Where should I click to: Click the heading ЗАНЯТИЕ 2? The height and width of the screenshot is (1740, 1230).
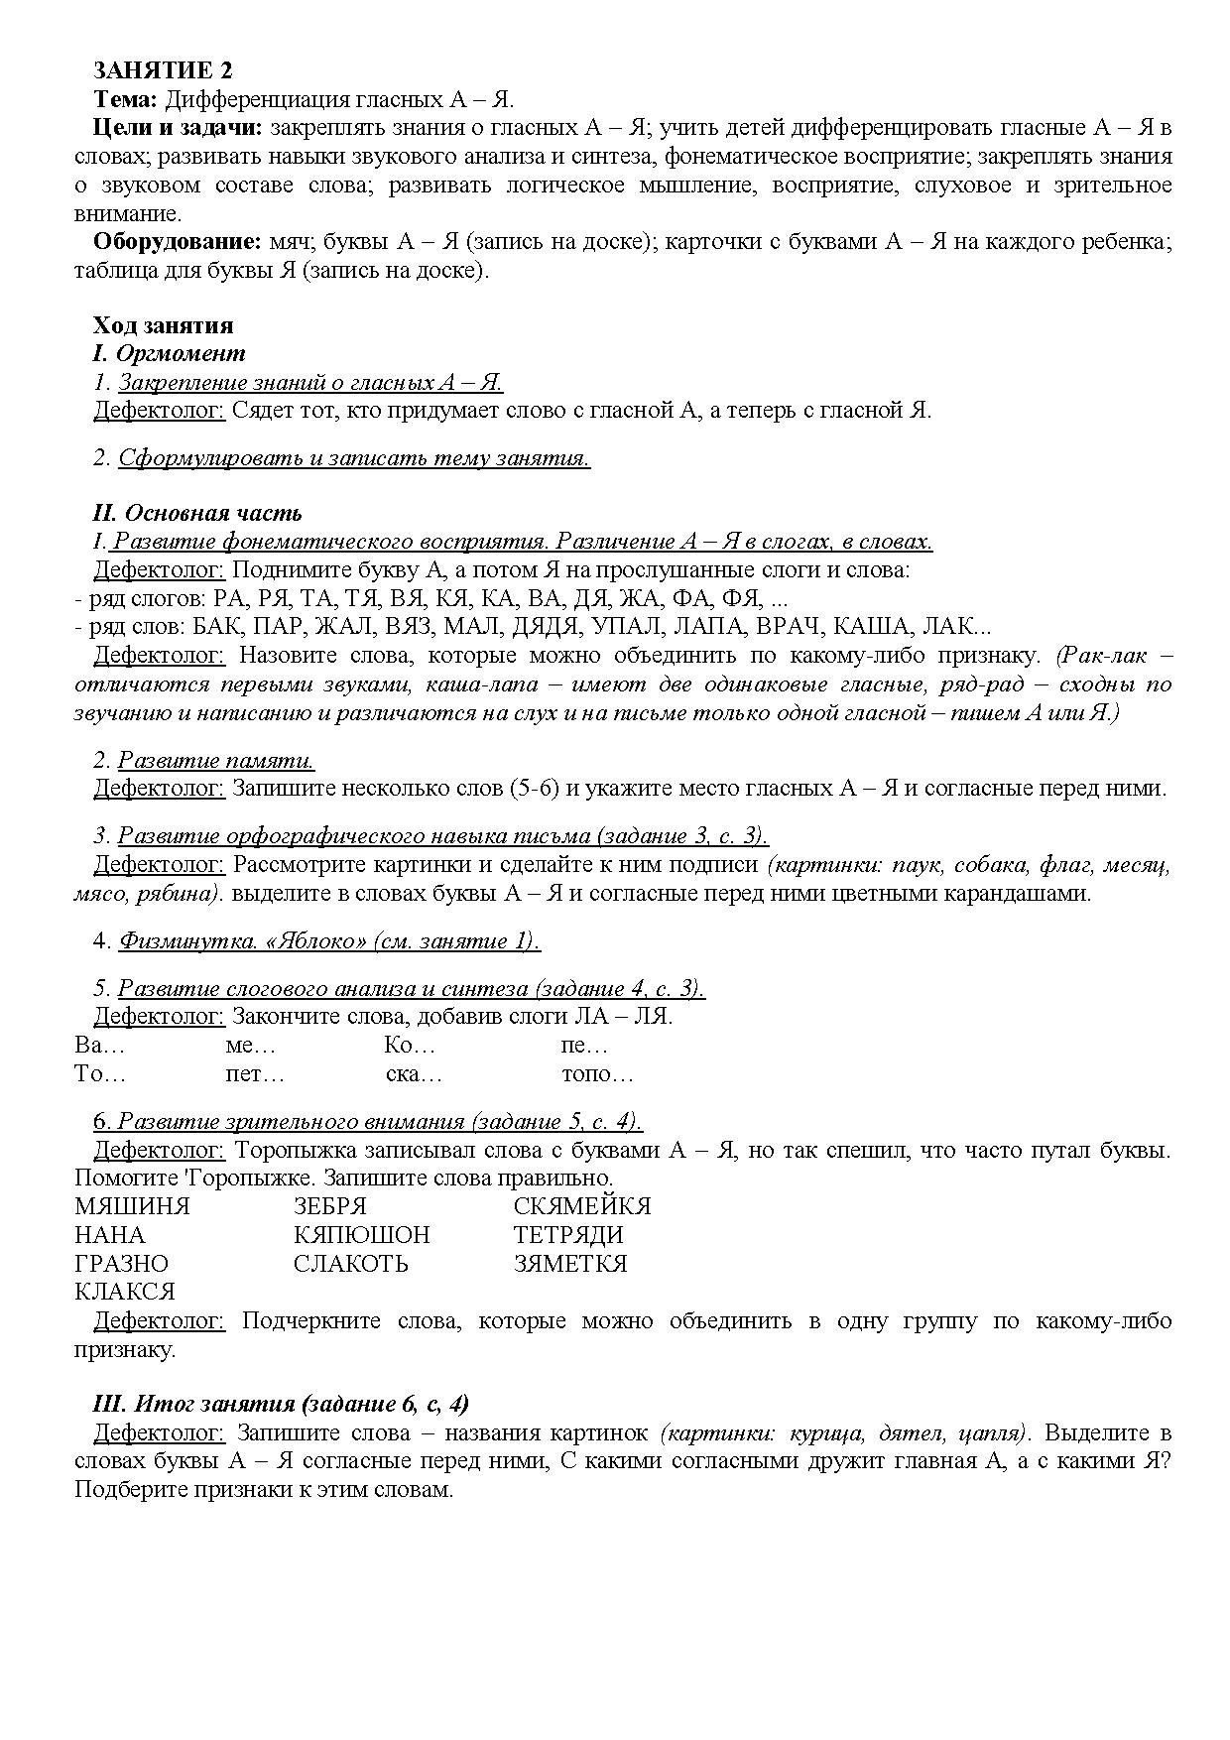point(163,70)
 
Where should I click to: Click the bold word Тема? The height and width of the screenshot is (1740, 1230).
point(125,99)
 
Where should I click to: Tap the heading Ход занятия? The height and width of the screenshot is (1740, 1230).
point(163,325)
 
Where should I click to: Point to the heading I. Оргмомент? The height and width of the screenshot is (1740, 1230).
point(169,353)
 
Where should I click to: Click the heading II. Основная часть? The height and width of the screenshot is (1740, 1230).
point(196,513)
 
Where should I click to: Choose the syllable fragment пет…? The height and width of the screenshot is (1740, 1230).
point(255,1074)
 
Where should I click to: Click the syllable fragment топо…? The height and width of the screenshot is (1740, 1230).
point(597,1074)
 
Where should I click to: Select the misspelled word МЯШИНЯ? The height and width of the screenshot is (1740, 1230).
point(132,1206)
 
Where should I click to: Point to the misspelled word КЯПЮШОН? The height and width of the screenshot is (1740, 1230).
point(362,1235)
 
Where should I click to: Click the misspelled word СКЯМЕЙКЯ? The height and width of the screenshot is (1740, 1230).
point(582,1206)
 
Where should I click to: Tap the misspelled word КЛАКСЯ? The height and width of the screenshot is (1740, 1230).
point(125,1292)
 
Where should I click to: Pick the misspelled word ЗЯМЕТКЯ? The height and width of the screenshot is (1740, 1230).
point(570,1264)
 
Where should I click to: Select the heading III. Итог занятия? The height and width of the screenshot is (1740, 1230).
point(281,1404)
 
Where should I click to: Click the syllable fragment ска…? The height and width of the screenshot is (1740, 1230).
point(414,1074)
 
